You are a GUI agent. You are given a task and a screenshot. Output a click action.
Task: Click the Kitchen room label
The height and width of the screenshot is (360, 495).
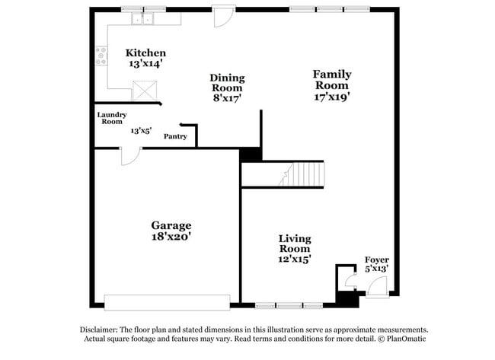tap(145, 53)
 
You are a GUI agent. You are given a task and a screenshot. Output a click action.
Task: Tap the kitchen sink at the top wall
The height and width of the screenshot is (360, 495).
tap(142, 19)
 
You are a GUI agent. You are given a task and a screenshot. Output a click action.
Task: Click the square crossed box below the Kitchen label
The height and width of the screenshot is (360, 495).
tap(143, 91)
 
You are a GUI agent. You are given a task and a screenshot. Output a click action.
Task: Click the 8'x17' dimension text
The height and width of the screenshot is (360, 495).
tap(227, 98)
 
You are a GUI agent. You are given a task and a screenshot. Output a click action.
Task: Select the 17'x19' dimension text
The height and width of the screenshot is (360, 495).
tap(332, 97)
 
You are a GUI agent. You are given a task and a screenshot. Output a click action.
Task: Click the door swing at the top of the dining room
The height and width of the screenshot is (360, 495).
tap(224, 18)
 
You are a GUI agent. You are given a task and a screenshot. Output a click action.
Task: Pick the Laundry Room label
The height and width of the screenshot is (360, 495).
tap(111, 118)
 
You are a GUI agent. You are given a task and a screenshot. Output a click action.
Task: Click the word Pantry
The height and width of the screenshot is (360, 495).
tap(175, 137)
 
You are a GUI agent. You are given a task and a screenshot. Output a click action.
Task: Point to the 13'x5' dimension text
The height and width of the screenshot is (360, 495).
tap(141, 131)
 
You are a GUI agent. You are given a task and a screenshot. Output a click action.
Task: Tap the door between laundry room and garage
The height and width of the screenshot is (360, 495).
tap(129, 155)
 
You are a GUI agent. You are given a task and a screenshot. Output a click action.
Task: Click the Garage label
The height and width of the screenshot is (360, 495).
tap(171, 225)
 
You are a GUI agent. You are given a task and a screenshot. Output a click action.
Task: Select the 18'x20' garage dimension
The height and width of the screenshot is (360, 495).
tap(171, 237)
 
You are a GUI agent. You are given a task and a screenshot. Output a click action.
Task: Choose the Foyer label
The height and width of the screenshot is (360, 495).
tap(377, 260)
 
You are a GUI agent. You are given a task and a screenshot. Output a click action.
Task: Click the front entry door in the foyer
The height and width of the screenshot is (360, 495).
tap(376, 288)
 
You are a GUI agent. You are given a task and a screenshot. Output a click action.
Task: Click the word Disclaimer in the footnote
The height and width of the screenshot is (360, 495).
tap(101, 330)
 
